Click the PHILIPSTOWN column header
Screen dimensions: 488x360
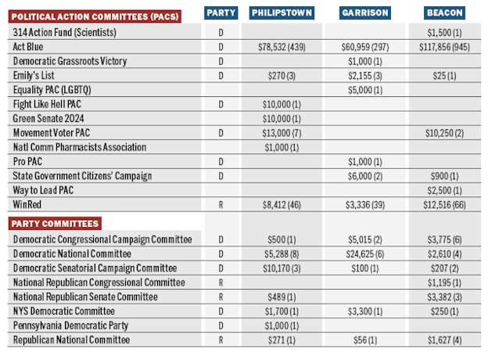(x=282, y=13)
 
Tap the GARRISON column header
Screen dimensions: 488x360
(x=365, y=13)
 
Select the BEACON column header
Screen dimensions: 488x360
(x=444, y=13)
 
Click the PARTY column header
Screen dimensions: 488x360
(x=221, y=13)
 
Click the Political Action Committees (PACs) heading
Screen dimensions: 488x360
(x=95, y=16)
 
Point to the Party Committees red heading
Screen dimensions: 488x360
(x=55, y=224)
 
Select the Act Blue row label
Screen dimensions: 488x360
(x=28, y=47)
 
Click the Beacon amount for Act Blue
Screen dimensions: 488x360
(x=444, y=47)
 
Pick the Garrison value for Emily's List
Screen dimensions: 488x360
(x=365, y=76)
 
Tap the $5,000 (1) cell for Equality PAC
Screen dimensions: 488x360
(x=365, y=90)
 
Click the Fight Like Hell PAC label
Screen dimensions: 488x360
(x=47, y=104)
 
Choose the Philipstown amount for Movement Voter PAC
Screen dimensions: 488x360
(x=282, y=133)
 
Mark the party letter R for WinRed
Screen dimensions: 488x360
(x=221, y=205)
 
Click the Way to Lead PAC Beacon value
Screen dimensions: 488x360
(x=444, y=190)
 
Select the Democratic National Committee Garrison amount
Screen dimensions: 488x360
(x=365, y=254)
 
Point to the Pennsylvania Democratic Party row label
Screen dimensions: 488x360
(x=70, y=326)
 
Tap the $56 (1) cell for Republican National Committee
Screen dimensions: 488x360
(x=365, y=340)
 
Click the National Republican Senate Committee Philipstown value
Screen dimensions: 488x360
(x=282, y=297)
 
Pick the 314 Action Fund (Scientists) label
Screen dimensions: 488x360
(x=64, y=32)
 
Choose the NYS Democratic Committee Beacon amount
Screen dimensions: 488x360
(x=444, y=311)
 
